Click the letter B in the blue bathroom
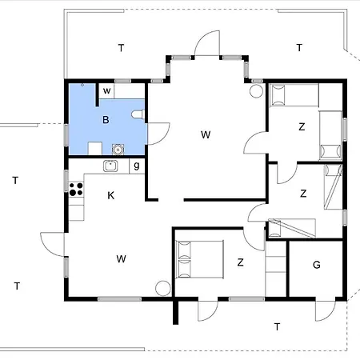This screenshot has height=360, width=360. (106, 120)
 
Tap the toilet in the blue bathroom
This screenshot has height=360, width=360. (138, 114)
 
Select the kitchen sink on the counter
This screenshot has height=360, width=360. (110, 166)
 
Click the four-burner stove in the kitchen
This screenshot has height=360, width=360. (76, 190)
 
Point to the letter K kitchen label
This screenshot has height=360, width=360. (110, 195)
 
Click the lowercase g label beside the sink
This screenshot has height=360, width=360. (137, 166)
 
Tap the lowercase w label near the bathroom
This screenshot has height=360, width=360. (106, 90)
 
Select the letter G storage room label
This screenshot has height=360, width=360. (317, 265)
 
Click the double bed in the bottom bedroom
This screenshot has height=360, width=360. (199, 259)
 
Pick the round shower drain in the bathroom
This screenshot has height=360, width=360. (118, 149)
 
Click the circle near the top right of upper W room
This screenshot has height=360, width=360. (256, 91)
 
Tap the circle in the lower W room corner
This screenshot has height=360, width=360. (163, 288)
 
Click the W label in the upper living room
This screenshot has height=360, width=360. (206, 134)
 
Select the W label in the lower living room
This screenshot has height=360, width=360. (122, 258)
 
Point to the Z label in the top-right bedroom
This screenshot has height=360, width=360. (302, 126)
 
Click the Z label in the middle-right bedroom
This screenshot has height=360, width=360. (303, 194)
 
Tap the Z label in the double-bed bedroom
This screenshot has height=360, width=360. (240, 262)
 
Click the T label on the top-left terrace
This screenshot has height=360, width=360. (121, 48)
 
